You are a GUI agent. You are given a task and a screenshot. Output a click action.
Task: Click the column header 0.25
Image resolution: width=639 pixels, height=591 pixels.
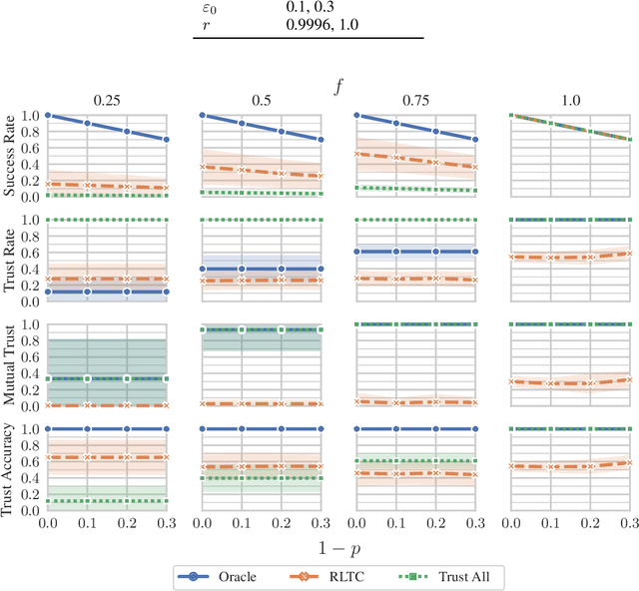pyautogui.click(x=107, y=99)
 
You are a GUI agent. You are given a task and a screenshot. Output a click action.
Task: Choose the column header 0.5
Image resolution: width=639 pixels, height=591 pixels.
pyautogui.click(x=262, y=99)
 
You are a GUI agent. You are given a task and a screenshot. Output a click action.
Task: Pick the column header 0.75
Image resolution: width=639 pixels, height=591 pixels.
pyautogui.click(x=416, y=99)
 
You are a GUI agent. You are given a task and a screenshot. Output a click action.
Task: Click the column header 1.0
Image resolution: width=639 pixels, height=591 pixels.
pyautogui.click(x=571, y=99)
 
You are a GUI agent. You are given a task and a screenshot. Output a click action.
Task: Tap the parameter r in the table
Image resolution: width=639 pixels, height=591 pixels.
pyautogui.click(x=205, y=24)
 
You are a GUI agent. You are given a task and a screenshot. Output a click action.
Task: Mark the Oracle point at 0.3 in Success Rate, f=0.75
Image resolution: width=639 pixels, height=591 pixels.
pyautogui.click(x=475, y=140)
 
